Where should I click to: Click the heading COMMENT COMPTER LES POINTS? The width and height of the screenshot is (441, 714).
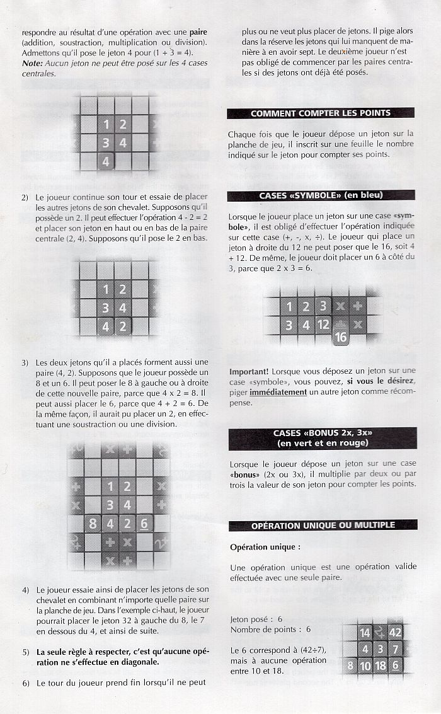click(321, 113)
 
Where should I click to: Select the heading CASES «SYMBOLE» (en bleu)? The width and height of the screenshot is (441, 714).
click(321, 195)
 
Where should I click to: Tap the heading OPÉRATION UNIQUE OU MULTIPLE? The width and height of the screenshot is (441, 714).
click(323, 526)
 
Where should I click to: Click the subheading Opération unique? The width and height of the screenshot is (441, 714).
click(265, 547)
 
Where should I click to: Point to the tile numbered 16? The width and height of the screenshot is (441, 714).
click(341, 337)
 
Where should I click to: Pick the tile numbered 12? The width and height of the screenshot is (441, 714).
click(323, 325)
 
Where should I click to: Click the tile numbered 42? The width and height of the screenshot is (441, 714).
click(394, 632)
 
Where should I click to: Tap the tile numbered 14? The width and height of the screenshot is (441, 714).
click(365, 633)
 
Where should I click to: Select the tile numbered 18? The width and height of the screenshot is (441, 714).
click(380, 665)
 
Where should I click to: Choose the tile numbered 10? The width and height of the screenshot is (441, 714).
click(365, 665)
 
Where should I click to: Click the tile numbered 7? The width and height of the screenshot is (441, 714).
click(395, 649)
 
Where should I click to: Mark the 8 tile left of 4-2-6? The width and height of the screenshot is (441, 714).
click(93, 524)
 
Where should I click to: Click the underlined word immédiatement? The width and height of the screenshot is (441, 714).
click(278, 392)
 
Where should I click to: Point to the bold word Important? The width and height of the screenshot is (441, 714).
click(249, 372)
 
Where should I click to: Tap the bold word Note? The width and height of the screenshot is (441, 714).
click(32, 63)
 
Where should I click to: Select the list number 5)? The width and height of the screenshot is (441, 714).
click(26, 652)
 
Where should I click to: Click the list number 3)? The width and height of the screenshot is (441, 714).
click(25, 363)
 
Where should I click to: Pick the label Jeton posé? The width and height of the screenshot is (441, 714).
click(251, 619)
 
